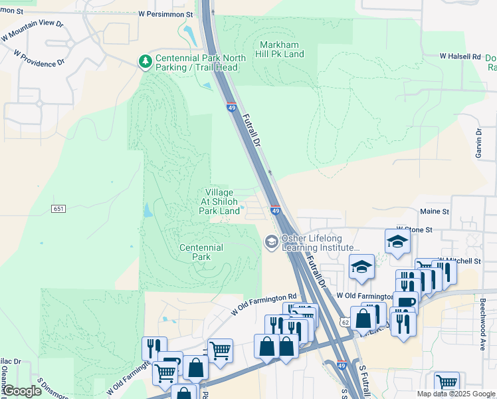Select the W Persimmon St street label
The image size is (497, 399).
click(165, 13)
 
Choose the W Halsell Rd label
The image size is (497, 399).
click(459, 57)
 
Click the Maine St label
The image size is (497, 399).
click(435, 211)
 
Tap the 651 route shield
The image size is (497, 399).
click(58, 209)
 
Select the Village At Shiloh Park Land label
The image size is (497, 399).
click(219, 201)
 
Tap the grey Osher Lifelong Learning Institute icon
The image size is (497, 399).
click(271, 241)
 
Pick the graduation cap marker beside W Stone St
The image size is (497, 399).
click(397, 241)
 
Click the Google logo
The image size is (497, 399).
click(22, 391)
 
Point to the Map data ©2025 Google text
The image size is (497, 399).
click(455, 394)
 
